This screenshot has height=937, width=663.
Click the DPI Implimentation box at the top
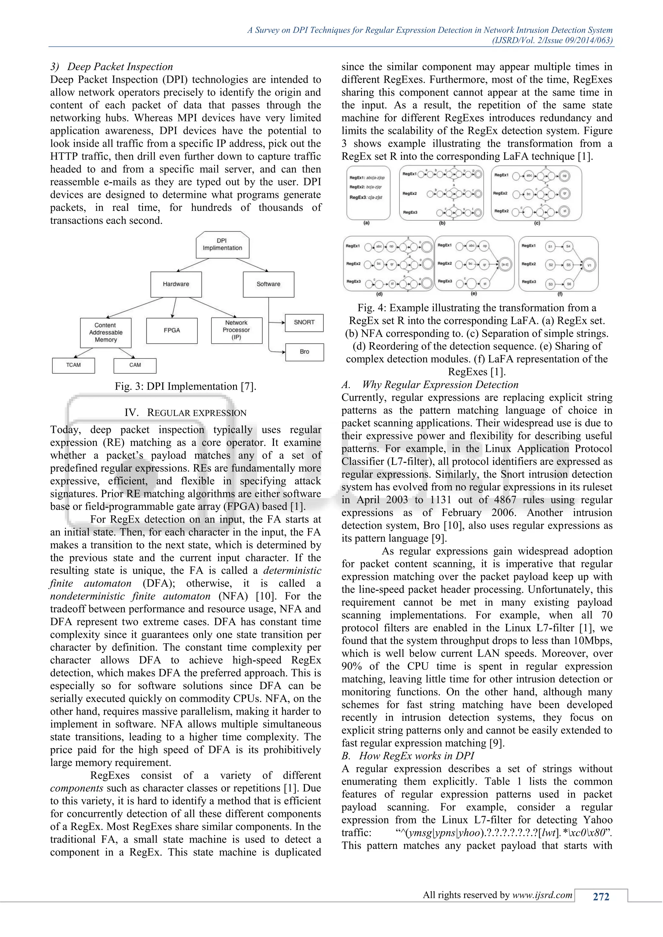coord(222,245)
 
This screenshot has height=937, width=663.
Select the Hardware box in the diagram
coord(176,284)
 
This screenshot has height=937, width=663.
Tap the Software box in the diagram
coord(268,284)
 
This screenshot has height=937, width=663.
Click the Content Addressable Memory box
coord(106,332)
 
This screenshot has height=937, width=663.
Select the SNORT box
coord(304,322)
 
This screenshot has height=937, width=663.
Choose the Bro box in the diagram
coord(304,351)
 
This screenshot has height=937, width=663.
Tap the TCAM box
coord(73,365)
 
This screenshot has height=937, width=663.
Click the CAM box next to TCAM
coord(135,365)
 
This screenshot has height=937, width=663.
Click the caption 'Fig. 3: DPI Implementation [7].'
coord(185,386)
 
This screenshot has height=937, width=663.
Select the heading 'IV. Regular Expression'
coord(185,413)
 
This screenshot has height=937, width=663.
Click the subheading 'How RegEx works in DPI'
coord(416,756)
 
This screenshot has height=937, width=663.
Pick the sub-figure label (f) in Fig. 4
coord(560,293)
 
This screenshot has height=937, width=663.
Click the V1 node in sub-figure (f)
coord(589,265)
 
